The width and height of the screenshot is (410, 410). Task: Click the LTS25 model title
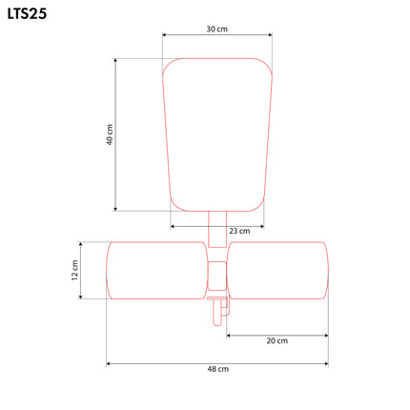coord(27,14)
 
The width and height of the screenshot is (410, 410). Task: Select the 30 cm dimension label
coord(217,29)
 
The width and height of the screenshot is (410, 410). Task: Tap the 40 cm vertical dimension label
coord(110,134)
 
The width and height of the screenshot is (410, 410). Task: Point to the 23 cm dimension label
coord(239,231)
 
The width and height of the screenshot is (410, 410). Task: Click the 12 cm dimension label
coord(74,270)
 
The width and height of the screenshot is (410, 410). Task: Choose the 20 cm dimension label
coord(277,340)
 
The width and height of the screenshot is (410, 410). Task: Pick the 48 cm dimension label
coord(217,369)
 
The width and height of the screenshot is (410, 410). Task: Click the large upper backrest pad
coord(217,134)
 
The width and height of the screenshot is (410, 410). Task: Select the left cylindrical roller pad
coord(157,271)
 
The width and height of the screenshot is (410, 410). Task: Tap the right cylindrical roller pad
coord(277,271)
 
